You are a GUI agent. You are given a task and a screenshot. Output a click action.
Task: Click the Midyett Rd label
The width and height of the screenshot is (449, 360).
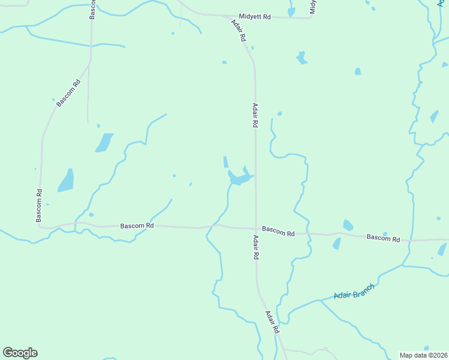(255, 17)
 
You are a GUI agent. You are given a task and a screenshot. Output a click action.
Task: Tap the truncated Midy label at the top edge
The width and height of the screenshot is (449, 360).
(313, 7)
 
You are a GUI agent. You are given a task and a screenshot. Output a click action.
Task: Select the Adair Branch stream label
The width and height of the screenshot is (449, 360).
(354, 292)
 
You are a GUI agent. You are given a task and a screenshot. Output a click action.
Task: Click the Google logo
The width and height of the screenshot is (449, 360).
(20, 353)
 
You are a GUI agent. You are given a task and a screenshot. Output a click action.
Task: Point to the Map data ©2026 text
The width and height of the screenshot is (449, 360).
(423, 355)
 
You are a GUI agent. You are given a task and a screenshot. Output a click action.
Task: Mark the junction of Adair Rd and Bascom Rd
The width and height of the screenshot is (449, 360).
(256, 229)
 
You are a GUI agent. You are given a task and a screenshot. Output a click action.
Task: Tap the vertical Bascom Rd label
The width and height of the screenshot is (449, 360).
(39, 206)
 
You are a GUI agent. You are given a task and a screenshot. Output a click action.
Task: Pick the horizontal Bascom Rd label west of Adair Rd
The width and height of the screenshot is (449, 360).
(137, 226)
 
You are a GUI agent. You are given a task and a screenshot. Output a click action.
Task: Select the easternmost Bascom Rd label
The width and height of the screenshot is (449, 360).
(384, 238)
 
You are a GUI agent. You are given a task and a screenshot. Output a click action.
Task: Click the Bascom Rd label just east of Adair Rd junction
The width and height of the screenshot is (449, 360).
(279, 231)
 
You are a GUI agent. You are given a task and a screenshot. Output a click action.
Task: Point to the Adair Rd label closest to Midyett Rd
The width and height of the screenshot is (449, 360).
(238, 30)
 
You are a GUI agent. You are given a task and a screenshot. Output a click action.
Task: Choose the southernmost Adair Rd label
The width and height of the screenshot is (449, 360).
(272, 322)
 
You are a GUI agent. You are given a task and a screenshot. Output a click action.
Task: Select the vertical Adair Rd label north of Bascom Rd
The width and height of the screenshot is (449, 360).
(255, 115)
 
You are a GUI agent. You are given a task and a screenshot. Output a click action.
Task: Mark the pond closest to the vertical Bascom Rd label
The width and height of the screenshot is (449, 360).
(66, 181)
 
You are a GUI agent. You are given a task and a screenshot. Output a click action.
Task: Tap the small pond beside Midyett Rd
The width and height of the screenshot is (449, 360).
(291, 11)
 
